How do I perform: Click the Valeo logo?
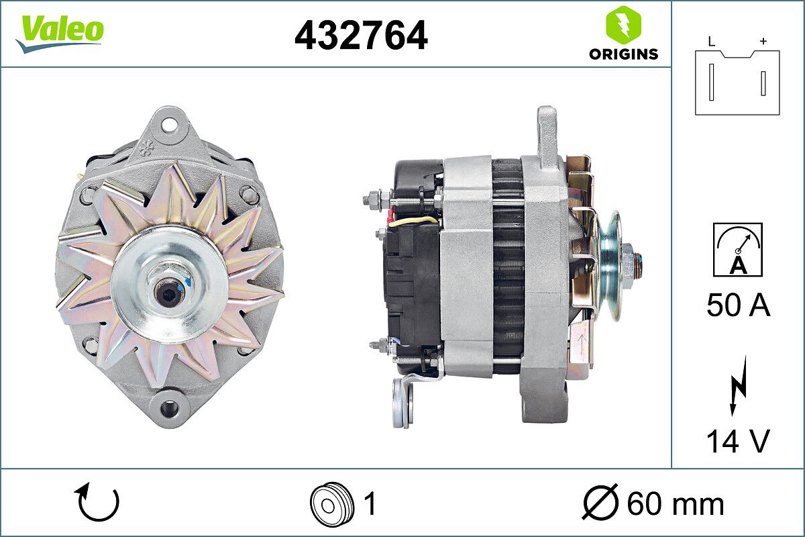coord(59,34)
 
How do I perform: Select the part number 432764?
coord(361,36)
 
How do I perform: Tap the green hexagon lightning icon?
coord(623,24)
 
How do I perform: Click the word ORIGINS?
coord(623,54)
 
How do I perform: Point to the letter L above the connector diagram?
coord(712,42)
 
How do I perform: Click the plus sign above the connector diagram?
coord(763,42)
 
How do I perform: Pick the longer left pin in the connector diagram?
coord(711,83)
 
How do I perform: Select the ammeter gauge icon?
coord(738,250)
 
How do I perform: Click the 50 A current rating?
coord(738,305)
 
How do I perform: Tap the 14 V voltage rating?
coord(738,440)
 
